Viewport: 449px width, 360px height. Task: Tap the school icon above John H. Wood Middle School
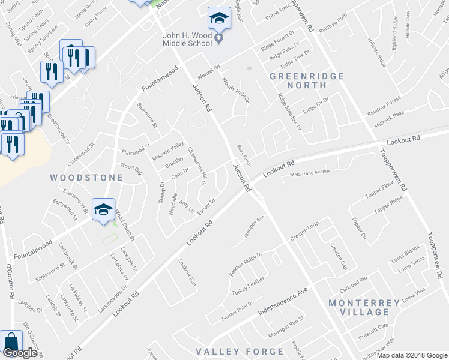219,19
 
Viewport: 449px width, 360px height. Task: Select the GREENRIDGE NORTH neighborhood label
307,81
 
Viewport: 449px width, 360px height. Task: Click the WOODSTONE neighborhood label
86,178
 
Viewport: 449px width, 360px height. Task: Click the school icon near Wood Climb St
103,209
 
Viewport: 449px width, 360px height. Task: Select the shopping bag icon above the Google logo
11,341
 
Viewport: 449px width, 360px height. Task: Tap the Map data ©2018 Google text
412,355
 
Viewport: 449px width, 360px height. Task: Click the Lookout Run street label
188,272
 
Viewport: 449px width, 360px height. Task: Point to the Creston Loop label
304,232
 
